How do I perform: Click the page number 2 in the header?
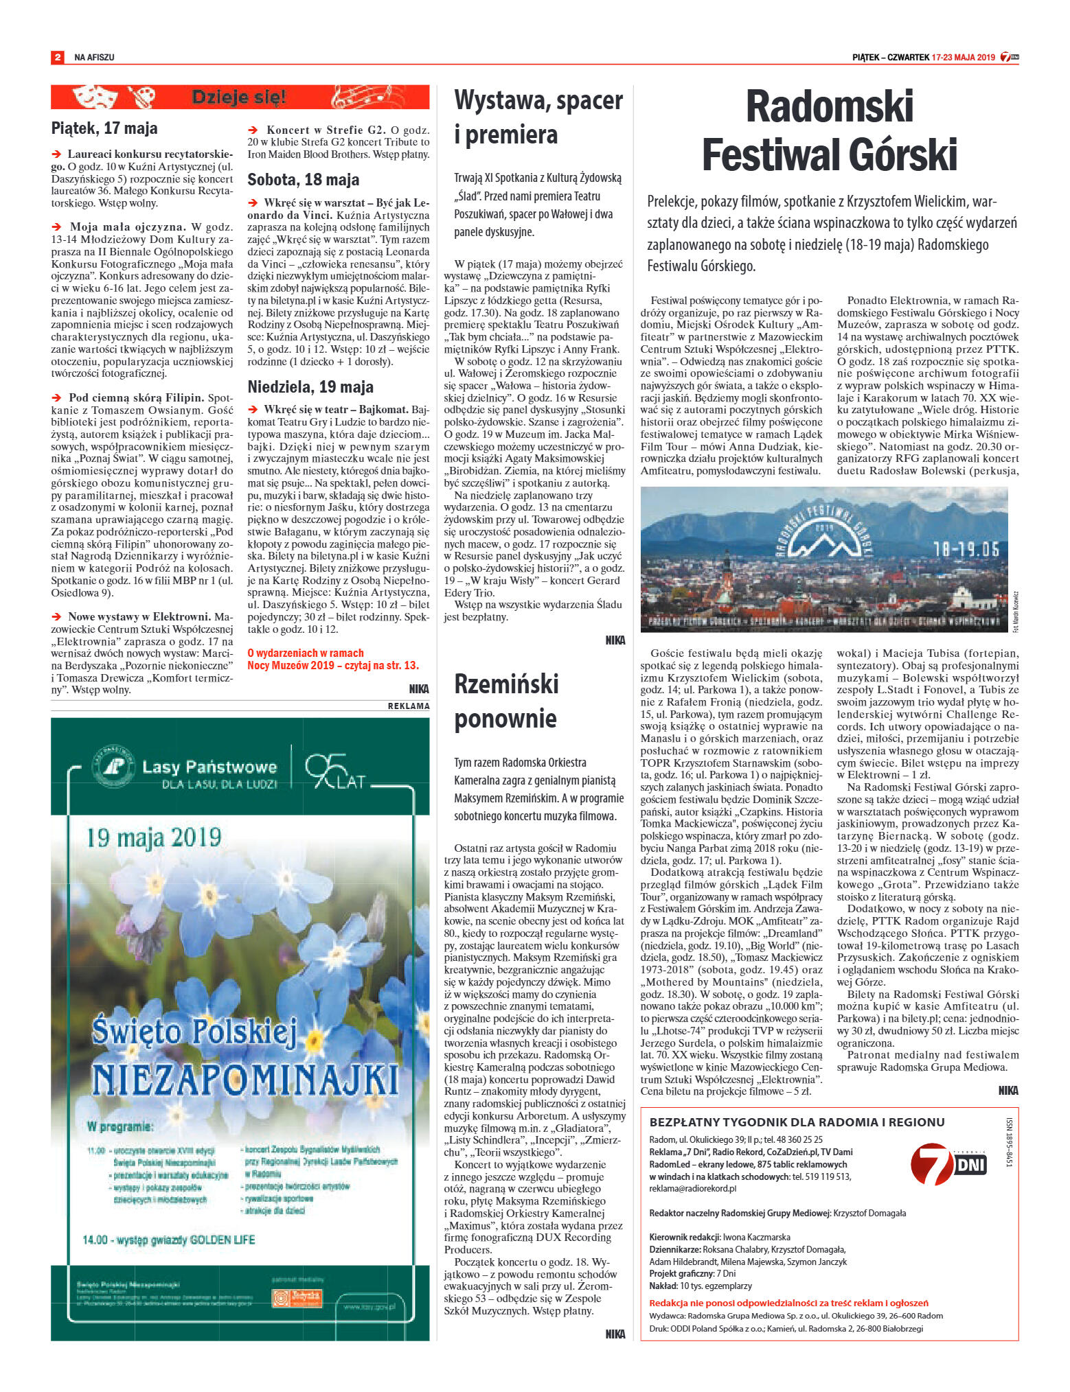click(x=58, y=57)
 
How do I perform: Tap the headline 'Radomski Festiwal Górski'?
click(x=829, y=130)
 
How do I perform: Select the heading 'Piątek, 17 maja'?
click(x=104, y=128)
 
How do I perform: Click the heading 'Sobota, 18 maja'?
click(x=303, y=180)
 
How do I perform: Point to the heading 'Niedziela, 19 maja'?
click(x=310, y=386)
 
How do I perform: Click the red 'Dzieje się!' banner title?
click(x=238, y=97)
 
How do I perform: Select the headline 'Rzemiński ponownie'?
click(x=506, y=701)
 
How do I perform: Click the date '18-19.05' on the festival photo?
click(x=966, y=549)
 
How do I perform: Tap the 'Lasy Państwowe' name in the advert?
click(x=209, y=767)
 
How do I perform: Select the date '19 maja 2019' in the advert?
click(x=154, y=837)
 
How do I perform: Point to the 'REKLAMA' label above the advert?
click(x=409, y=706)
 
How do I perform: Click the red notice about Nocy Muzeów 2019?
click(x=332, y=659)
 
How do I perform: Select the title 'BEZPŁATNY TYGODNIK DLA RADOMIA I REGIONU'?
click(x=797, y=1122)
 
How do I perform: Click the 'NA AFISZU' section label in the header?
click(x=94, y=58)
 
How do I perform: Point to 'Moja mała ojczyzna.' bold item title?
click(x=127, y=227)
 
